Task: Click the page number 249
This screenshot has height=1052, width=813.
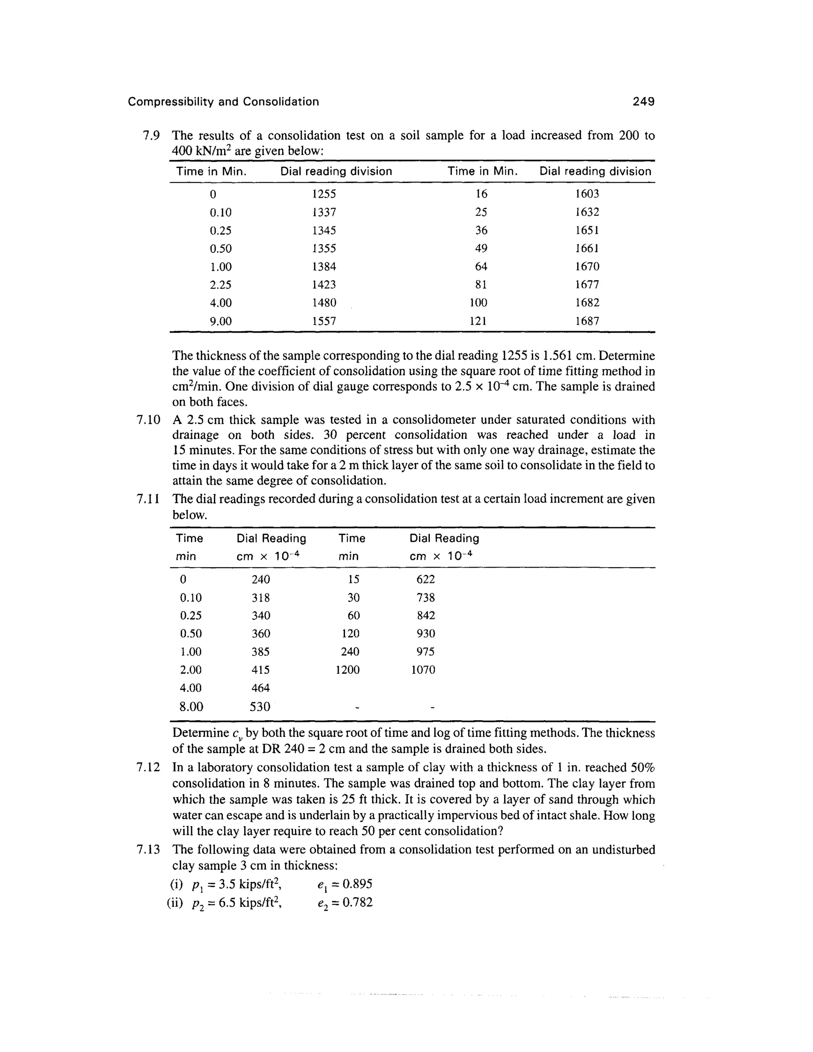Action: [643, 102]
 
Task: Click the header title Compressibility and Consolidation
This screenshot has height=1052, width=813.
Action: [223, 102]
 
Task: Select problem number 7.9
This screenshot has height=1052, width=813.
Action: [150, 135]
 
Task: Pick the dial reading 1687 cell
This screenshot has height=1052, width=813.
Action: [587, 321]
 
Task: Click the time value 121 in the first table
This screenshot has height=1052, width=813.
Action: [478, 321]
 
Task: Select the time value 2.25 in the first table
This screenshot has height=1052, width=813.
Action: [221, 285]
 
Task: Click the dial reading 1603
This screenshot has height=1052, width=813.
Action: [587, 194]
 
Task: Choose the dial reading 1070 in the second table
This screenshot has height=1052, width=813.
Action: [423, 670]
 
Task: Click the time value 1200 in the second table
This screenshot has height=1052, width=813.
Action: [347, 670]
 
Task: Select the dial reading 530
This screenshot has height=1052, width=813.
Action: [260, 707]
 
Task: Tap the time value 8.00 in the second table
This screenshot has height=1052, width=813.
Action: [191, 707]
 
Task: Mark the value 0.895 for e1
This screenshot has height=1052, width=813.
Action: [355, 884]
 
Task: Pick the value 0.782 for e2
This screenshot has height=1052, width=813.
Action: [355, 902]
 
